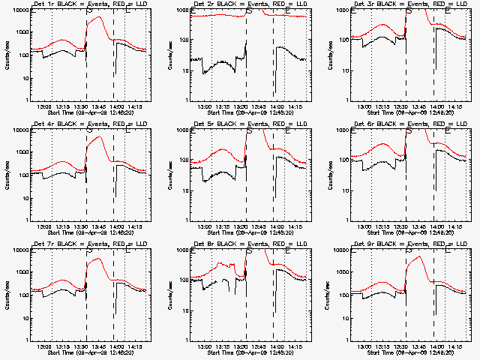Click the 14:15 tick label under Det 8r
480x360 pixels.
click(296, 346)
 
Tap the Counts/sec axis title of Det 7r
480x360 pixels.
click(7, 295)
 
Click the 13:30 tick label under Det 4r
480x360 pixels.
click(81, 227)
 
